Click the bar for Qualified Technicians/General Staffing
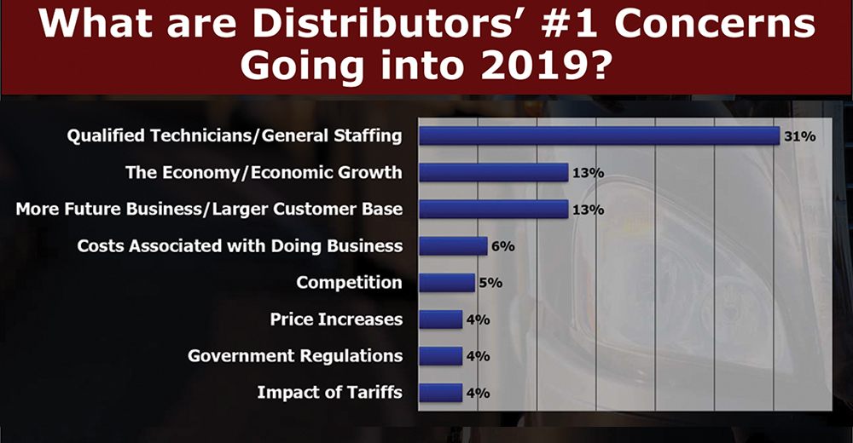(599, 136)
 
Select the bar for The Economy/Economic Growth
(493, 173)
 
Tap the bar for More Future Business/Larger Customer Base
(493, 210)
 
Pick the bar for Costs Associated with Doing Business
(453, 246)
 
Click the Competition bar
(447, 283)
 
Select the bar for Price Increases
(440, 319)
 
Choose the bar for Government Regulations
(440, 356)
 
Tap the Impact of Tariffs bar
(440, 393)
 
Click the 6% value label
(503, 247)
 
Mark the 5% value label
(490, 284)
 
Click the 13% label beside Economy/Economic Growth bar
(589, 173)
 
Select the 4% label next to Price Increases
(478, 320)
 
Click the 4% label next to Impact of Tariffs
(478, 394)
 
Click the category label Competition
(349, 283)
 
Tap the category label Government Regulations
(295, 356)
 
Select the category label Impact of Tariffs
(329, 393)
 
